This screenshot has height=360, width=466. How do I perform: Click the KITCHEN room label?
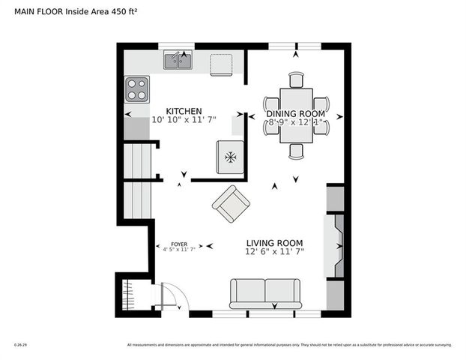184,110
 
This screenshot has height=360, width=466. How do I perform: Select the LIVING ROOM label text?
275,243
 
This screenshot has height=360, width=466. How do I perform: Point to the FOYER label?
178,244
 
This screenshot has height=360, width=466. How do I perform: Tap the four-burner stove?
137,89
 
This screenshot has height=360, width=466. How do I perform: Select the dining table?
296,115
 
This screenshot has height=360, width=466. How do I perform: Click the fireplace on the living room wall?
335,245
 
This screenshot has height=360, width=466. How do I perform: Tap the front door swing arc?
171,297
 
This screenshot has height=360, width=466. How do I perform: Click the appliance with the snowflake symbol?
231,157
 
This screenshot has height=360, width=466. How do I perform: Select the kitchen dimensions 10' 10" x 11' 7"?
184,120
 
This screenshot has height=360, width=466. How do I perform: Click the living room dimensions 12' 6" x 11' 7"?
275,253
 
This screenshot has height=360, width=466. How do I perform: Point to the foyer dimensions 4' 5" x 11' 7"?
178,250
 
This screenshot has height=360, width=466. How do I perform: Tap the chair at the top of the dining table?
296,79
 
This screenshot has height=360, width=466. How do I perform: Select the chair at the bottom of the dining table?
296,151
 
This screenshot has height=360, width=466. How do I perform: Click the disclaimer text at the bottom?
289,345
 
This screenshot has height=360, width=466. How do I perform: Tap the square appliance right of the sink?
222,64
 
